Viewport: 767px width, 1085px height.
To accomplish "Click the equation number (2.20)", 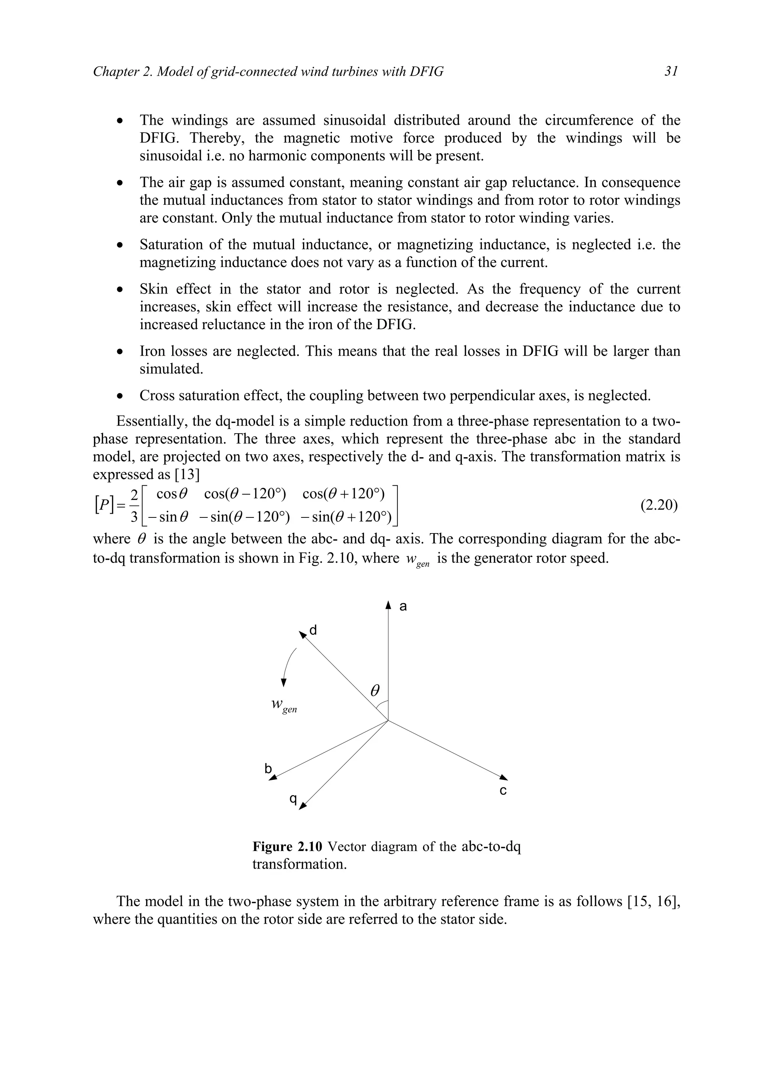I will (659, 505).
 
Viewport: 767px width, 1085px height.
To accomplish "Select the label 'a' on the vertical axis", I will (403, 606).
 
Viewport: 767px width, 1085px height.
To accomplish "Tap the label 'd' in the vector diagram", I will (313, 630).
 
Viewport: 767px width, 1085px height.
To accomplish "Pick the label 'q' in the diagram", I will (293, 799).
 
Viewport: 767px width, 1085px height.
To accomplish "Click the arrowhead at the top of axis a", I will (388, 605).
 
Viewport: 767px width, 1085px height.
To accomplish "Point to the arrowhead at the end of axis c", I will (504, 777).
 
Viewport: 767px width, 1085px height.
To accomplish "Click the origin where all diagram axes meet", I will (388, 721).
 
